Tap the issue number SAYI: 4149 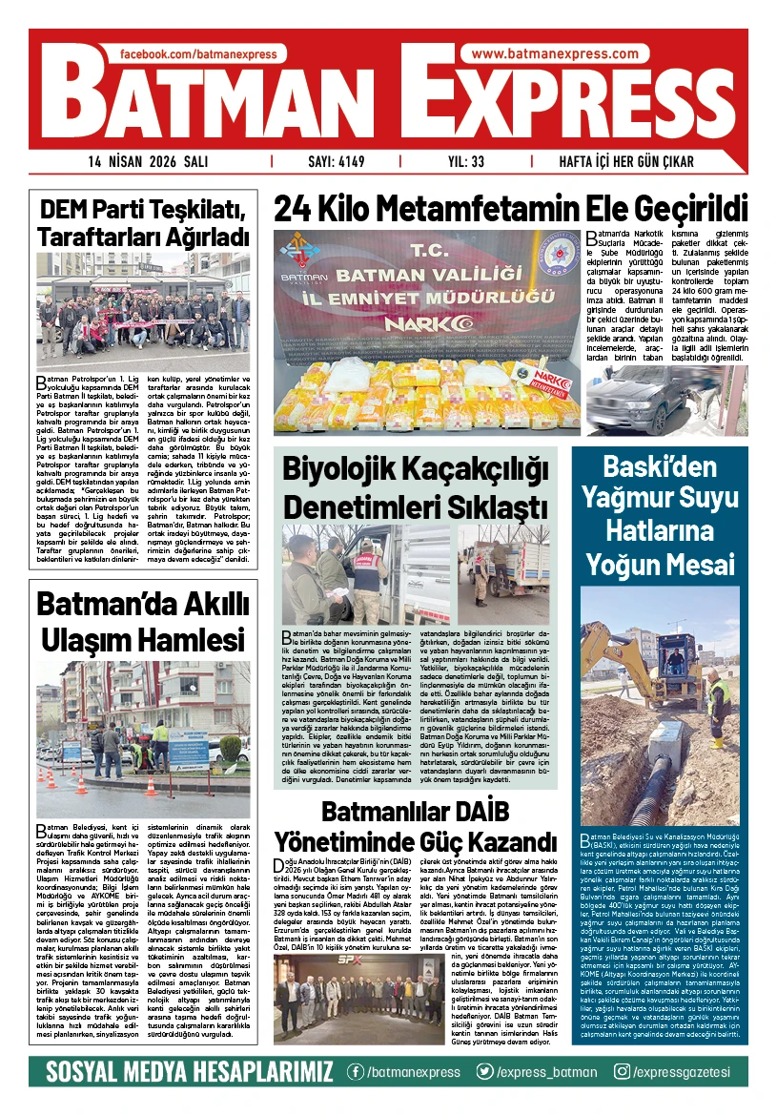point(335,161)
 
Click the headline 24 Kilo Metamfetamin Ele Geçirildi point(510,208)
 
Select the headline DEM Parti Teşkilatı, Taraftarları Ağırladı point(144,221)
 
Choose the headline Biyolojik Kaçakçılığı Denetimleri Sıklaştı point(416,485)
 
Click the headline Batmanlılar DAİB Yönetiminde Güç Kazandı point(416,828)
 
